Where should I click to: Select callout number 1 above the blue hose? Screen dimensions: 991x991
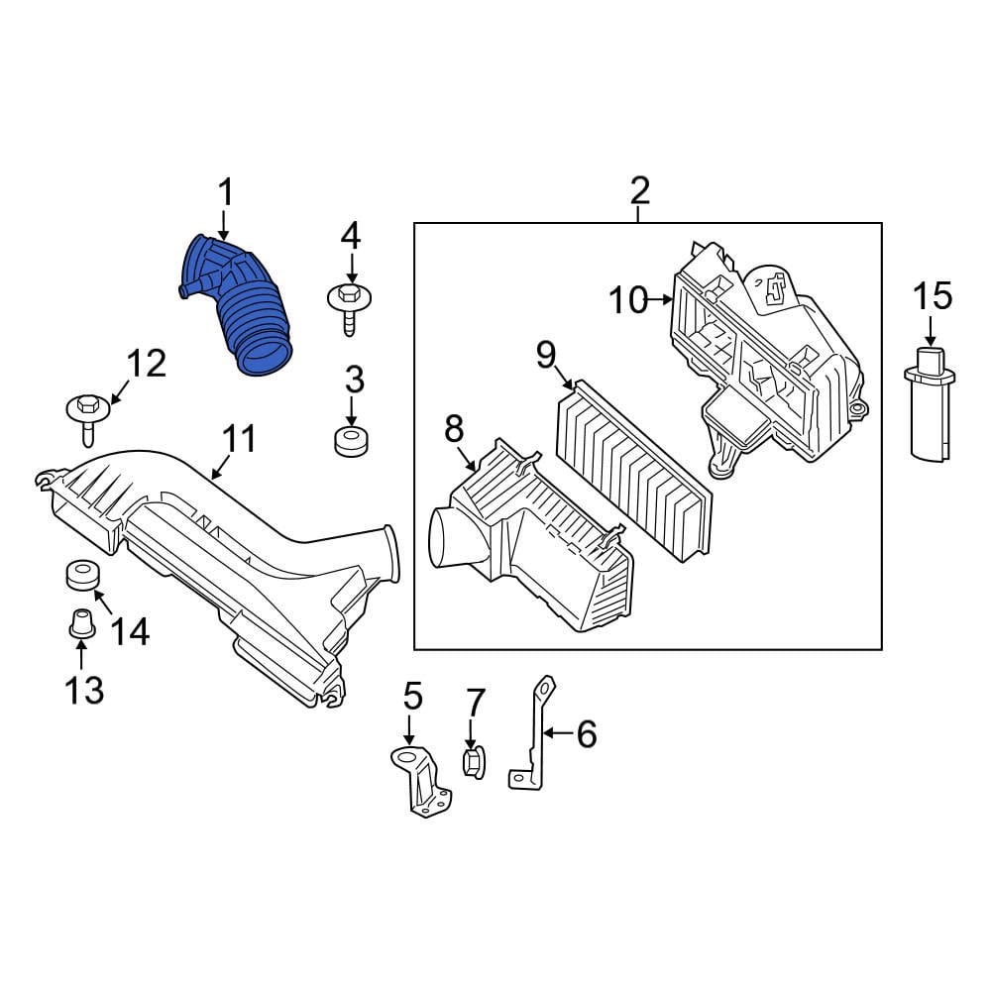tap(225, 193)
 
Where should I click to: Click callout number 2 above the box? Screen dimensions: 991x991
tap(639, 190)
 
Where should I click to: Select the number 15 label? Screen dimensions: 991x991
tap(932, 295)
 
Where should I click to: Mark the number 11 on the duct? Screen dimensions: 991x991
tap(238, 439)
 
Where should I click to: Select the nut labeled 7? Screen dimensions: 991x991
tap(474, 763)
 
